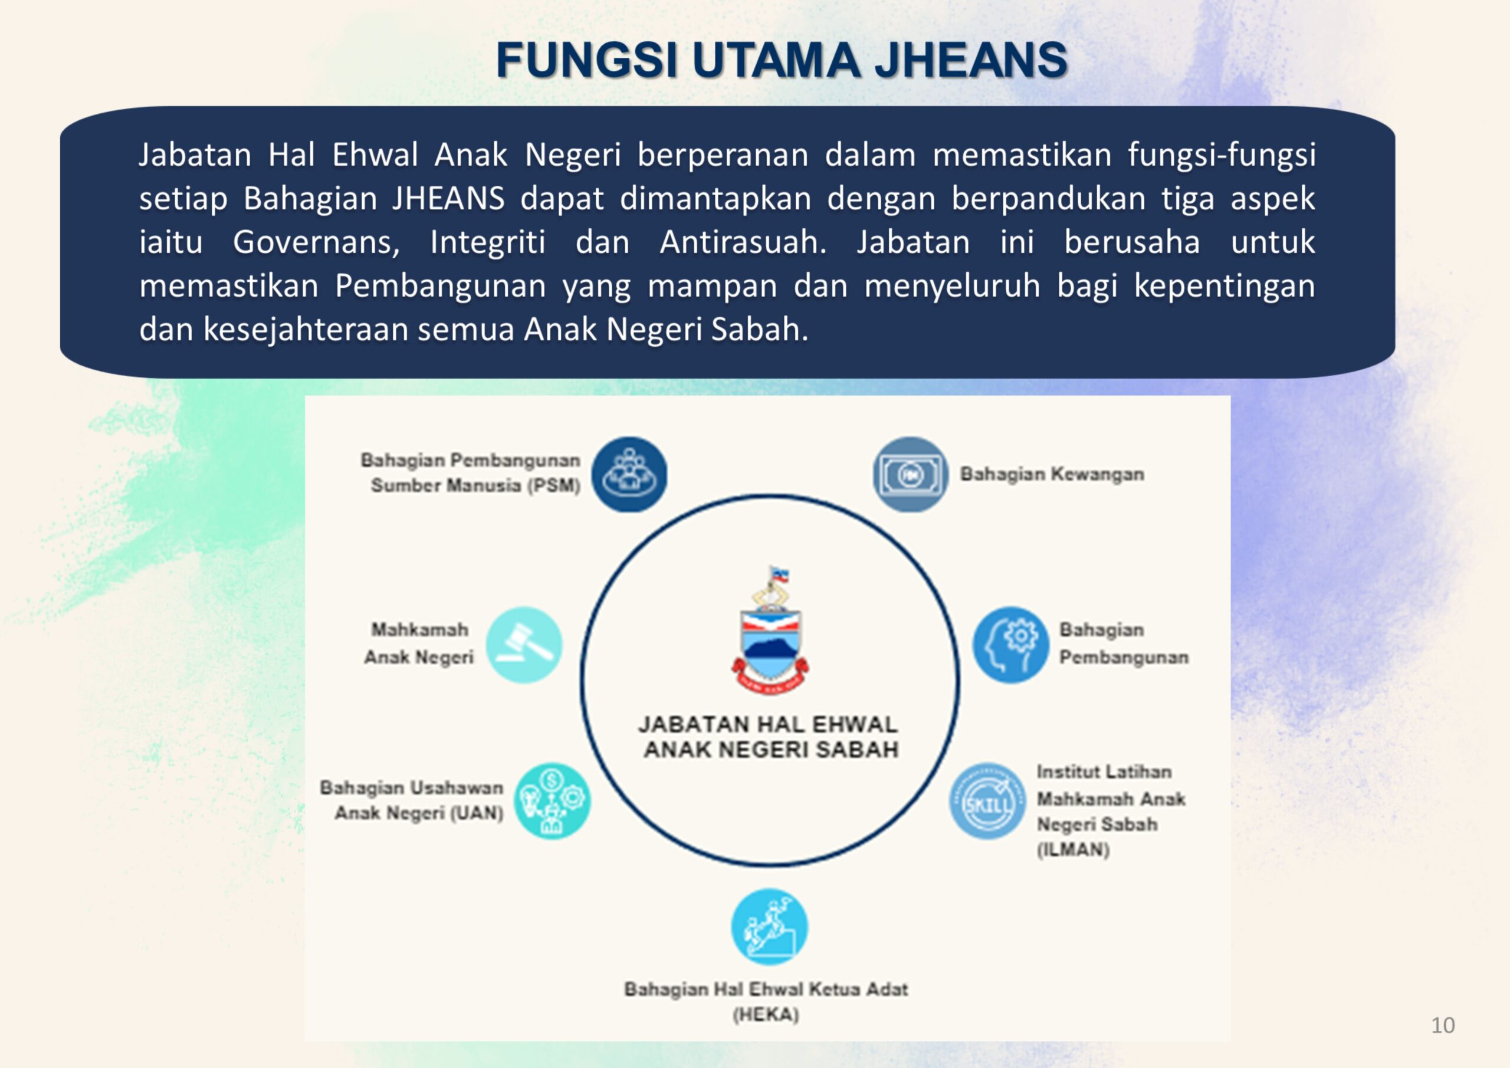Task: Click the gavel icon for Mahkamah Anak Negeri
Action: [524, 645]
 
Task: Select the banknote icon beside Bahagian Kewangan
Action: [910, 474]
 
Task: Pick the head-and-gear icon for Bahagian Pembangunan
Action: [1011, 645]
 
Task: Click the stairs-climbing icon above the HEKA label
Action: [770, 926]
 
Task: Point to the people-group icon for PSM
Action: [629, 474]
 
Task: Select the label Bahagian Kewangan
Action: [1052, 474]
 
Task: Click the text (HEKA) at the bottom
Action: [766, 1015]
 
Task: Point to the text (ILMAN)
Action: [1074, 850]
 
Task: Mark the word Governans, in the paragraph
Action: [317, 242]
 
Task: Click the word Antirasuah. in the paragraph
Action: [743, 241]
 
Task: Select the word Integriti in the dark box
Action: [488, 242]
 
